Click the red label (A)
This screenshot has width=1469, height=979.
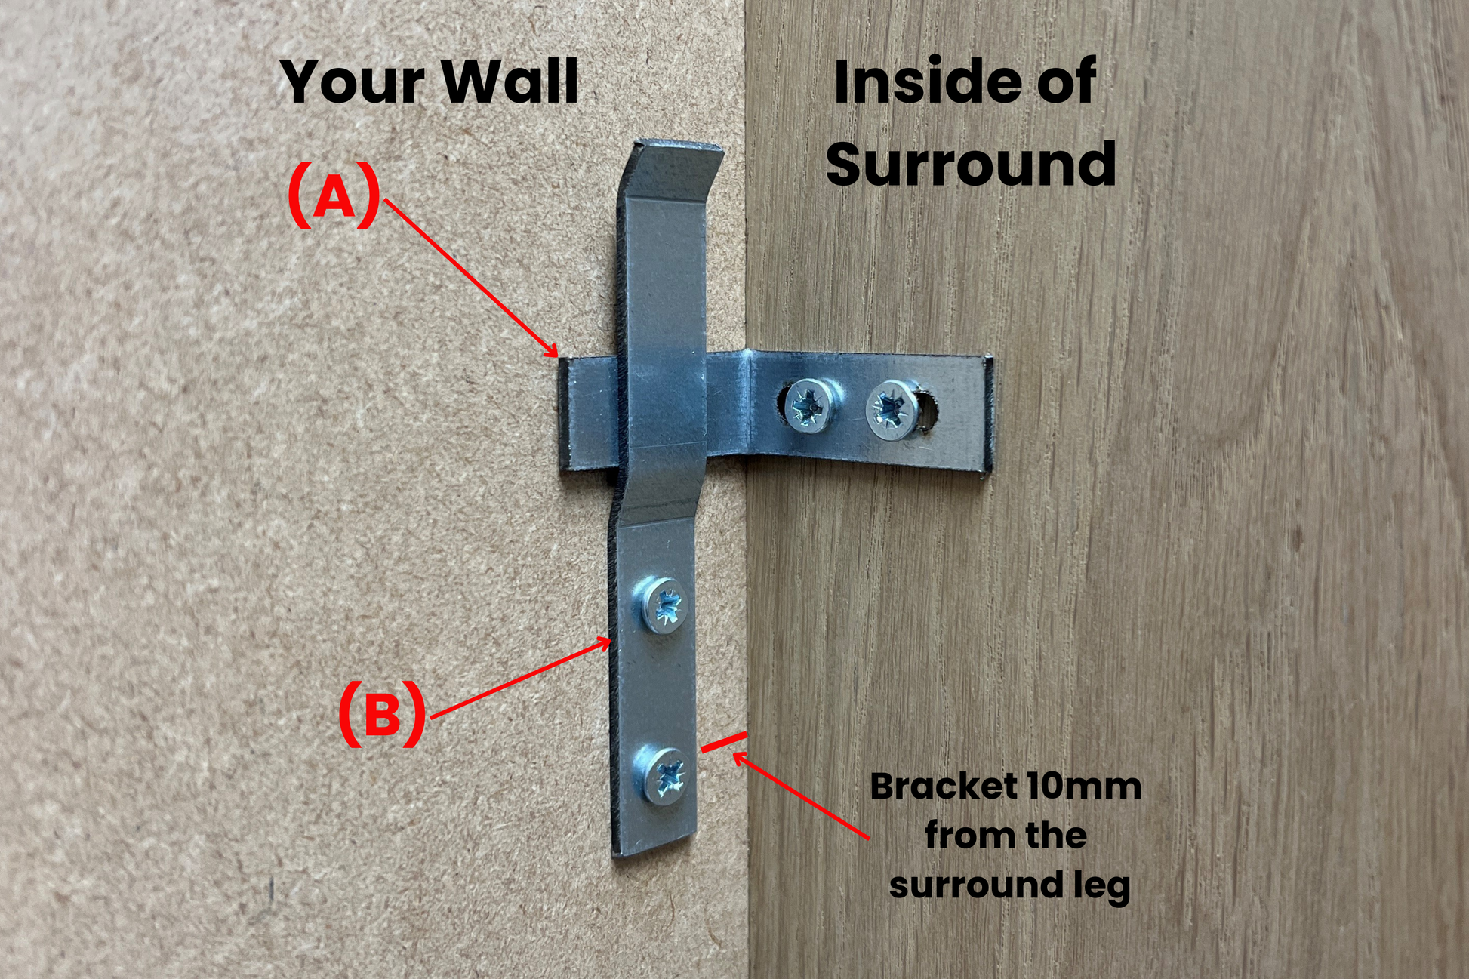pyautogui.click(x=334, y=195)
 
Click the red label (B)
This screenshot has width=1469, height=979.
pyautogui.click(x=382, y=713)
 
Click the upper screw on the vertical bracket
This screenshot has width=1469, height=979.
pyautogui.click(x=665, y=605)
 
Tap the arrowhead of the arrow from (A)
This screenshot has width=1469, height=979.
pyautogui.click(x=554, y=353)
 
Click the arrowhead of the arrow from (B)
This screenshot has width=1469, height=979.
pyautogui.click(x=606, y=641)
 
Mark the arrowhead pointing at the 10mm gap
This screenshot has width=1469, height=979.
pyautogui.click(x=738, y=757)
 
